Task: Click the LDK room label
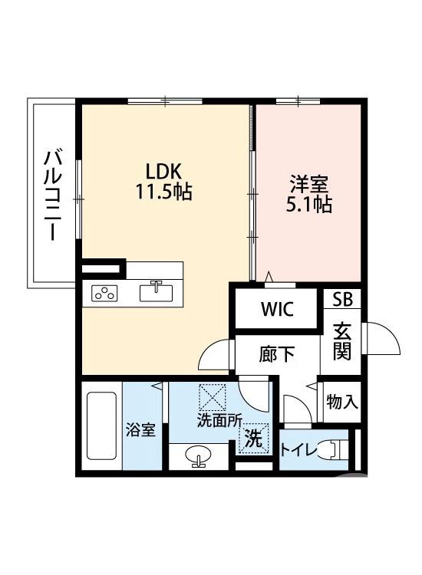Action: (163, 171)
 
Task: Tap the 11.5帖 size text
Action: (163, 192)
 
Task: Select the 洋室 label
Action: (309, 185)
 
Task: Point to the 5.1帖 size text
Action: (309, 205)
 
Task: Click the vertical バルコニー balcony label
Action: (52, 195)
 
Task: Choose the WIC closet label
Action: (276, 310)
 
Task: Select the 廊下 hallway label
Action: (276, 354)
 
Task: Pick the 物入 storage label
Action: (341, 402)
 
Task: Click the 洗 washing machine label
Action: (253, 440)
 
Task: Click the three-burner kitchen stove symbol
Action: (105, 292)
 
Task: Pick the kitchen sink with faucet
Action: (159, 291)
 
